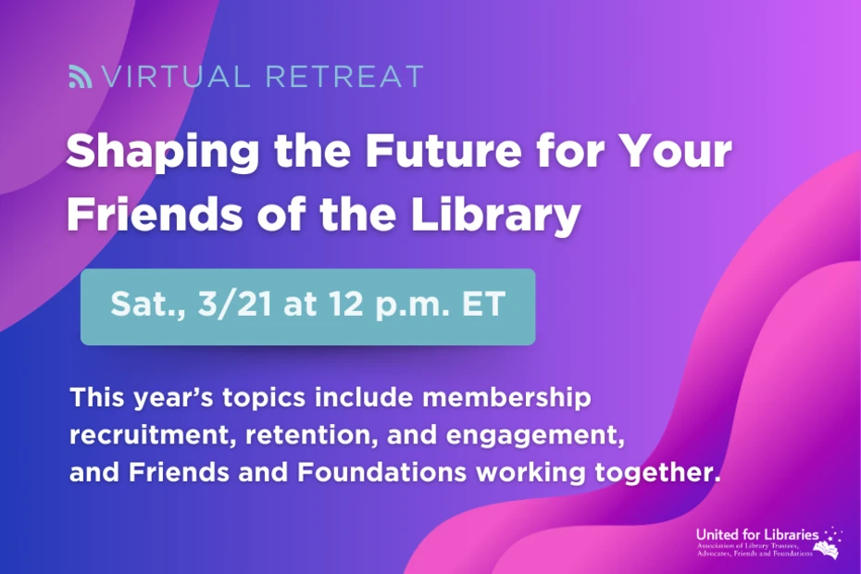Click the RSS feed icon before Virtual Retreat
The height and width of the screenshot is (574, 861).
(x=81, y=77)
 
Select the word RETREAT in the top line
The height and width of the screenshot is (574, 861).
(x=344, y=77)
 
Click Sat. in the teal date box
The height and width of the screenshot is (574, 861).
(x=141, y=306)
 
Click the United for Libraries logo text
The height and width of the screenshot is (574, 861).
(x=756, y=535)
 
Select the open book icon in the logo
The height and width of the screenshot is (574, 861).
(x=829, y=550)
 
